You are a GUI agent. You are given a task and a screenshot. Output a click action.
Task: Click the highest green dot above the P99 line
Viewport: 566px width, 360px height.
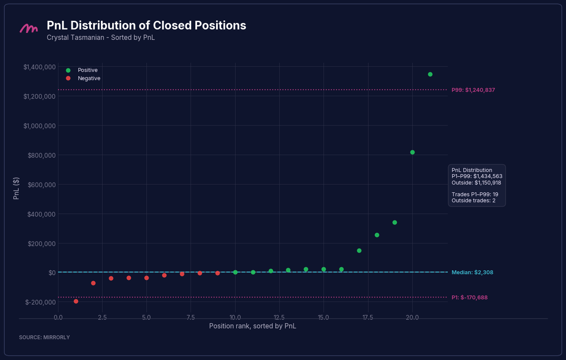click(430, 75)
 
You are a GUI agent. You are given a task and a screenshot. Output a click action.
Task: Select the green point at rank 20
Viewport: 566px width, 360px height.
click(412, 152)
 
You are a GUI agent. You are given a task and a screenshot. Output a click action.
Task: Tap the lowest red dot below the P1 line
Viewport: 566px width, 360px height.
click(76, 301)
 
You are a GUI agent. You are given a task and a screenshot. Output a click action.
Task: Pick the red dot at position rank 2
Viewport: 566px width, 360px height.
click(93, 283)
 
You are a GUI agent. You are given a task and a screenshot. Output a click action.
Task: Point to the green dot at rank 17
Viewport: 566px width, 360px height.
click(359, 251)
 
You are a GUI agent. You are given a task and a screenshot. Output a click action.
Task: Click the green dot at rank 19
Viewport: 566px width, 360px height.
click(395, 223)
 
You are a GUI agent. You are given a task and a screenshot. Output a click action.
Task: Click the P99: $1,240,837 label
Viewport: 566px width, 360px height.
click(473, 90)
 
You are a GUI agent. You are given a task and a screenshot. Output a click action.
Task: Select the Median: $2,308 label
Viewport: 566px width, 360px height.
click(472, 272)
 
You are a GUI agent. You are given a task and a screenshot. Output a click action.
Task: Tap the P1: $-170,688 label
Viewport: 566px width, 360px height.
click(469, 298)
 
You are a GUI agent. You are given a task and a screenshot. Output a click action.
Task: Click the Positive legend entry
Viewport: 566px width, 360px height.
click(82, 70)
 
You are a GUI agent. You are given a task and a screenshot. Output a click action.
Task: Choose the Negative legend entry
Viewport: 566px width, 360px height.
click(83, 78)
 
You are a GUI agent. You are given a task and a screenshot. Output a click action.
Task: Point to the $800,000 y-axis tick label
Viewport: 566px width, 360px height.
click(42, 155)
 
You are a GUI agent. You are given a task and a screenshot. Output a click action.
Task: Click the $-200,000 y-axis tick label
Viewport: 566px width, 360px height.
click(41, 302)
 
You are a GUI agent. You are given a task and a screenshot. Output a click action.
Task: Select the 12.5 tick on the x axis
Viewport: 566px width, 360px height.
click(279, 318)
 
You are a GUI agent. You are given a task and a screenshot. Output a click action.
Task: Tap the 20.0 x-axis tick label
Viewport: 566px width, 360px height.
click(412, 318)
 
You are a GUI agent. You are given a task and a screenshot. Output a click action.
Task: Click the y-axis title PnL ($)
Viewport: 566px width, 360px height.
click(16, 188)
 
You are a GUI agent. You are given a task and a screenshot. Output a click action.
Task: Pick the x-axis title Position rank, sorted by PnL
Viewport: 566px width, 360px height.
click(252, 326)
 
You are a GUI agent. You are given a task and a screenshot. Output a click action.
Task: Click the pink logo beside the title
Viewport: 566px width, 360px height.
click(29, 28)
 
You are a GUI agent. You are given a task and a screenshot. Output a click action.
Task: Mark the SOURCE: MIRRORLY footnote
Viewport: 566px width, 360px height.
click(44, 337)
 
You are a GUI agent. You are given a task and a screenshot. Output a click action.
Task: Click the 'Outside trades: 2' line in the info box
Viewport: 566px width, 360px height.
click(474, 201)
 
